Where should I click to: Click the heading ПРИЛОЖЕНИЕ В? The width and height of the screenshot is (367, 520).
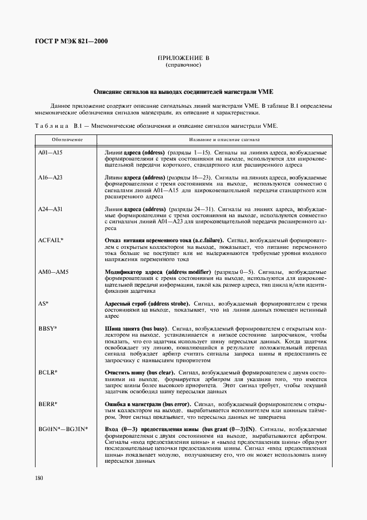pyautogui.click(x=183, y=58)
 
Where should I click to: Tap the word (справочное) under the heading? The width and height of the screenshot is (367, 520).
pyautogui.click(x=183, y=65)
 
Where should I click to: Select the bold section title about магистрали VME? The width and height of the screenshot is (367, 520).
pyautogui.click(x=183, y=91)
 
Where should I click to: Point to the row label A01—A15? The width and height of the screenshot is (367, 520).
pyautogui.click(x=49, y=152)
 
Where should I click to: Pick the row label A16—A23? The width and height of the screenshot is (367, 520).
pyautogui.click(x=49, y=177)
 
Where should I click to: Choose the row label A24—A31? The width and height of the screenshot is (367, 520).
pyautogui.click(x=49, y=209)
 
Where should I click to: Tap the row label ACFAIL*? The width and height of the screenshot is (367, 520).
pyautogui.click(x=51, y=240)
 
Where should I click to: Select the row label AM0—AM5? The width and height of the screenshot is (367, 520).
pyautogui.click(x=53, y=272)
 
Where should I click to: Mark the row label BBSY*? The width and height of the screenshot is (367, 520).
pyautogui.click(x=47, y=328)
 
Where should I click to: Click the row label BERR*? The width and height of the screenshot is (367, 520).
pyautogui.click(x=48, y=403)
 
